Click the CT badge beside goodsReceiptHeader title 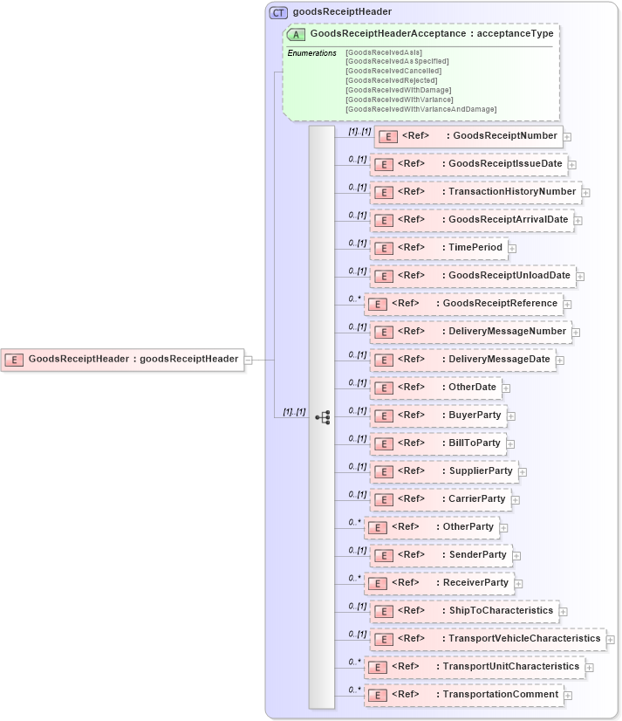point(278,12)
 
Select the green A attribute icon point(296,35)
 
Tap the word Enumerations point(311,53)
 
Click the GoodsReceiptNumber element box point(467,136)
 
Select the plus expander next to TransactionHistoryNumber point(586,192)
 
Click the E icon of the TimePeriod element point(382,248)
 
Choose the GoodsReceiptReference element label point(500,304)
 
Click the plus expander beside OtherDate point(506,388)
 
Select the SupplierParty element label point(480,471)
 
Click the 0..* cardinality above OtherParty point(354,522)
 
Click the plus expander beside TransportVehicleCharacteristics point(610,639)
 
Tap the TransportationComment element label point(500,695)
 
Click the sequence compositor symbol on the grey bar point(323,418)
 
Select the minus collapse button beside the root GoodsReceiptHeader point(249,359)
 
